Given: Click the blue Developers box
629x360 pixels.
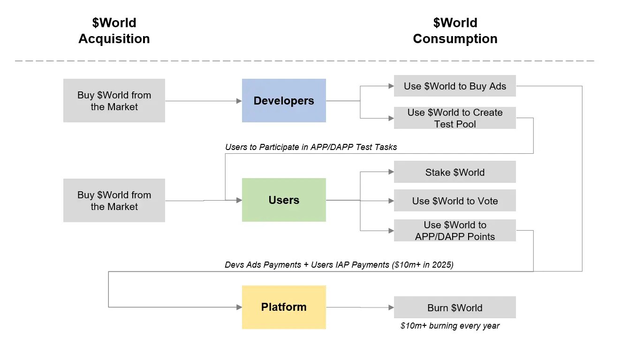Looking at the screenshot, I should [x=284, y=101].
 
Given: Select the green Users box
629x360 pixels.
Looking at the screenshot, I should [x=284, y=200].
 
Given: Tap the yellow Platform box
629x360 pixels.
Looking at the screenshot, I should [x=284, y=307].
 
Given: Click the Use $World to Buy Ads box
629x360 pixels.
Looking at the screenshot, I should [x=455, y=86].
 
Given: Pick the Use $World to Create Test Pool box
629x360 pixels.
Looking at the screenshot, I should [x=455, y=118].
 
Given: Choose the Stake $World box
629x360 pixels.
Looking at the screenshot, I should [x=455, y=172].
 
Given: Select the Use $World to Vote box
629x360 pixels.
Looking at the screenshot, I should [x=455, y=201].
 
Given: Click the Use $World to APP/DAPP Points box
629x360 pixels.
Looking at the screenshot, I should [x=455, y=231].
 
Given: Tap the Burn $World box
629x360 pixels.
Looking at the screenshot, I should [x=455, y=308].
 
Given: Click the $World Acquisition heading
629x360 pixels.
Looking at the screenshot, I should [x=114, y=31].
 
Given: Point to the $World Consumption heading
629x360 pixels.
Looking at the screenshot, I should [x=455, y=31].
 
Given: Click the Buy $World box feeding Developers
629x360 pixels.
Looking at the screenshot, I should [x=114, y=101].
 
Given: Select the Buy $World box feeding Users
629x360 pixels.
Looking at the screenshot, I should [x=114, y=201].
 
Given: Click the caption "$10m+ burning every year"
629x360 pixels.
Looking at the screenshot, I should [x=450, y=326].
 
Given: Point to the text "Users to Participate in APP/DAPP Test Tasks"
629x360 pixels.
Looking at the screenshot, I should [x=311, y=147].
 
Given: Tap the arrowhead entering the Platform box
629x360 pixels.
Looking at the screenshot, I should [x=239, y=307].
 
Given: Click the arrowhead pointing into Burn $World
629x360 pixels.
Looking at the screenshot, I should [x=391, y=308].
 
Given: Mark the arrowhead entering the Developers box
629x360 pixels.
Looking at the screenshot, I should [x=239, y=101].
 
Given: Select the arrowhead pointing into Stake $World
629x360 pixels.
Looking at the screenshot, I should [x=391, y=172].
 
